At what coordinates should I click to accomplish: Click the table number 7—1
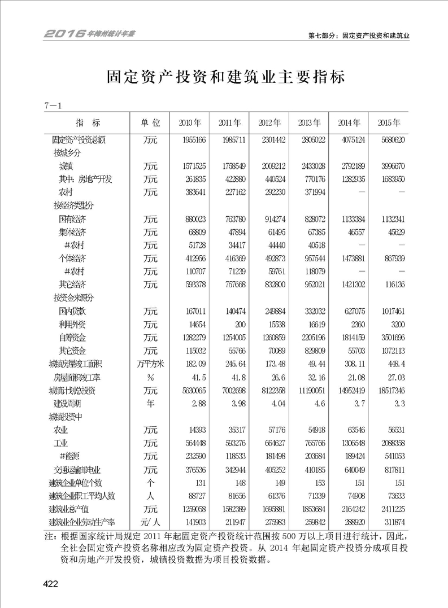point(52,105)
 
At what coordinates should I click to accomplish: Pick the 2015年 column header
point(388,123)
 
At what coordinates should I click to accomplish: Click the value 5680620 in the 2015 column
point(389,139)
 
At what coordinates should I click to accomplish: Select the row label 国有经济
point(73,218)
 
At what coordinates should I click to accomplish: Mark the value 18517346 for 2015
point(386,390)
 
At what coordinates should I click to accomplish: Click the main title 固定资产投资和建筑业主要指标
point(224,76)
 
